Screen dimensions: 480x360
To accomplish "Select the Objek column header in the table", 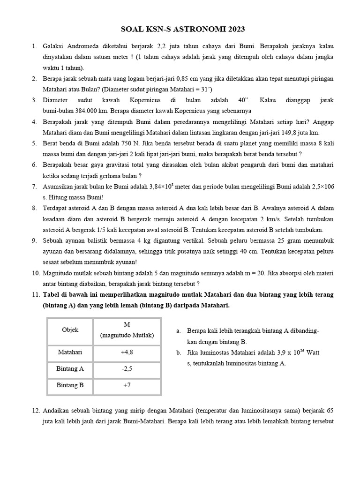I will coord(70,330).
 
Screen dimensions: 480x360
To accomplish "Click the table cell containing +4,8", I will coord(127,352).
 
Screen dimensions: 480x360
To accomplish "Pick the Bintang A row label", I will coord(70,368).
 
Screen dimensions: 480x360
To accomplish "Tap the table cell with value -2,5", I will coord(127,368).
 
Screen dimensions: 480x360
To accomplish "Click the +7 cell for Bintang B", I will coord(127,385).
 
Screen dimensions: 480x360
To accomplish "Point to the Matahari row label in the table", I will coord(70,352).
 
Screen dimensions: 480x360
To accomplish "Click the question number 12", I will coord(36,410).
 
